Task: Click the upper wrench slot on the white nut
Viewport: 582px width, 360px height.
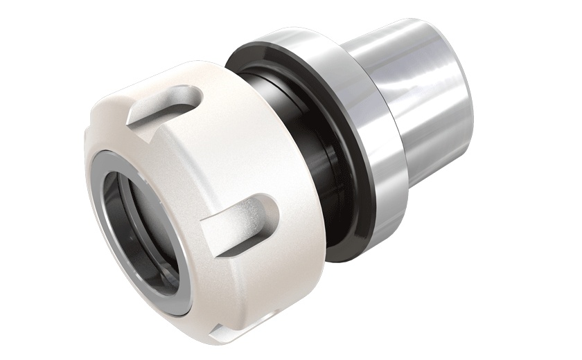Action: tap(166, 104)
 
